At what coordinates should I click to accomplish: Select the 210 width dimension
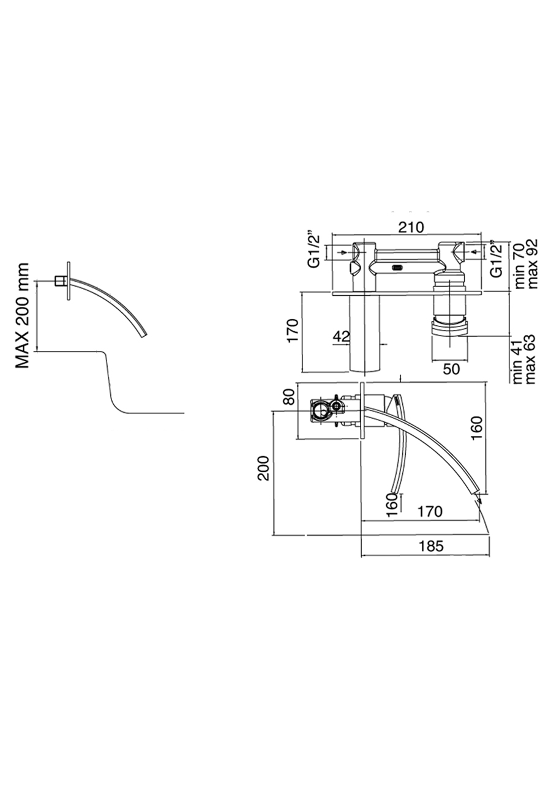click(x=411, y=227)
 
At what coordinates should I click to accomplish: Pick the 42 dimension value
click(x=342, y=336)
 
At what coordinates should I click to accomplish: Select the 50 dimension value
click(x=452, y=369)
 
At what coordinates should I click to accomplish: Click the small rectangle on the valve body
click(x=397, y=267)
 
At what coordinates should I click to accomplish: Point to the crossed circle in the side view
click(x=335, y=405)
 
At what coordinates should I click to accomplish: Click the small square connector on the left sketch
click(x=59, y=281)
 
